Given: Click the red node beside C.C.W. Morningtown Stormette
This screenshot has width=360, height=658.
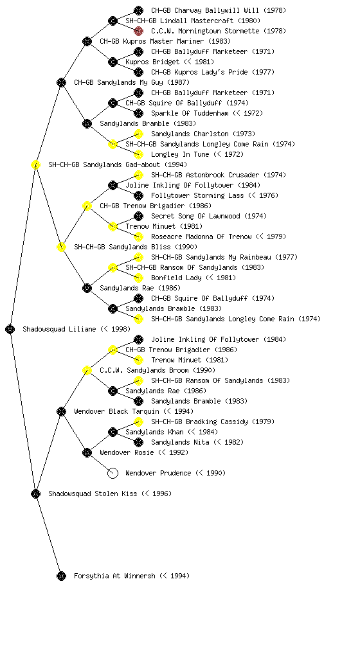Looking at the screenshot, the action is coord(138,31).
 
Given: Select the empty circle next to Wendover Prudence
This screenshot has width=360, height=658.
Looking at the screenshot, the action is coord(113,473).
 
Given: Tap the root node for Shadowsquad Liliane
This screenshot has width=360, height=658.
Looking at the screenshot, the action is coord(10,329).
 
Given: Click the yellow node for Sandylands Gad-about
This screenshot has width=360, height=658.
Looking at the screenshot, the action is coord(35,164).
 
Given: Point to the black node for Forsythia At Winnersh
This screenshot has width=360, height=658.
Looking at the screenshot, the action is coord(61,576).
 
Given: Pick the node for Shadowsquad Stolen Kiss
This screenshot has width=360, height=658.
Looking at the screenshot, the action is coord(35,493).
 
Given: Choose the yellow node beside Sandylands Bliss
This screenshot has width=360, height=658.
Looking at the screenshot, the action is coord(61,247).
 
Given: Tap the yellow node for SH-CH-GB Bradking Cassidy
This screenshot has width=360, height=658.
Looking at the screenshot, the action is coord(138,422).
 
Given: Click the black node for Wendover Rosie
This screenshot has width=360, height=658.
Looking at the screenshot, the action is coord(87,452).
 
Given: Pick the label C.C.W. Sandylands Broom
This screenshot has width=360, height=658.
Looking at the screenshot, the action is coord(157,370).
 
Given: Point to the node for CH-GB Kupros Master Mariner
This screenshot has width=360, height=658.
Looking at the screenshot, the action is coord(87,41).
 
